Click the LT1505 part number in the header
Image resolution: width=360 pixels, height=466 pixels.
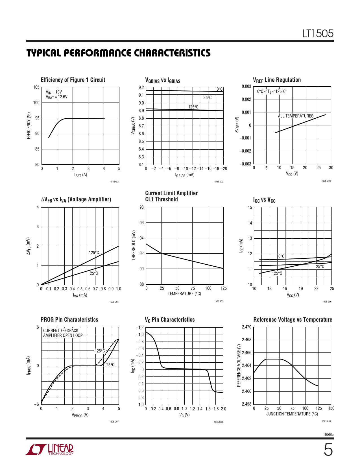(318, 34)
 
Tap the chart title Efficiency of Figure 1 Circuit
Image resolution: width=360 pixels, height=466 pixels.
(73, 80)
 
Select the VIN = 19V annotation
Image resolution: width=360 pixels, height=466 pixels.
(54, 92)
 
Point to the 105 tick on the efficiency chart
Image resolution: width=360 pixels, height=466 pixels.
(36, 87)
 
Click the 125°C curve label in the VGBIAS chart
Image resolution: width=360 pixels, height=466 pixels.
(193, 107)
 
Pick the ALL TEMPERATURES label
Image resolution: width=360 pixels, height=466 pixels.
(295, 116)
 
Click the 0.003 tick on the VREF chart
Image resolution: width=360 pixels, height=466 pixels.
(246, 86)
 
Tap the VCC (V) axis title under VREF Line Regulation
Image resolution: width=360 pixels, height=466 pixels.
(292, 174)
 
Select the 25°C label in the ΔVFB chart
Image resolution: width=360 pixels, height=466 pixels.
(94, 273)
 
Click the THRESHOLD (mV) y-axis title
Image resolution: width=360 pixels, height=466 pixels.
(134, 245)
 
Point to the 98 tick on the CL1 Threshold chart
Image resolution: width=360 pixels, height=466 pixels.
(141, 207)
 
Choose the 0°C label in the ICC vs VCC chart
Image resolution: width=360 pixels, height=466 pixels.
(281, 256)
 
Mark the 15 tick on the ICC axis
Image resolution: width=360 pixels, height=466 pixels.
(250, 208)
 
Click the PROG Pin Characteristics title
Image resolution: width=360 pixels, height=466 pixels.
(69, 320)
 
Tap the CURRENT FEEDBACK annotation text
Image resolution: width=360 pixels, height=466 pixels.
(61, 331)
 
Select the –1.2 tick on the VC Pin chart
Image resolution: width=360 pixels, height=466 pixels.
(140, 328)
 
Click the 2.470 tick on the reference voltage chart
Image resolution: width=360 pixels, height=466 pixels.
(246, 327)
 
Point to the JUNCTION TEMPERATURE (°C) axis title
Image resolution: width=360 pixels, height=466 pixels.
(292, 414)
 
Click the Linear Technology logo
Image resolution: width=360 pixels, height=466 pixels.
(49, 450)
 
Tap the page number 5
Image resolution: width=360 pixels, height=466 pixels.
(328, 450)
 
